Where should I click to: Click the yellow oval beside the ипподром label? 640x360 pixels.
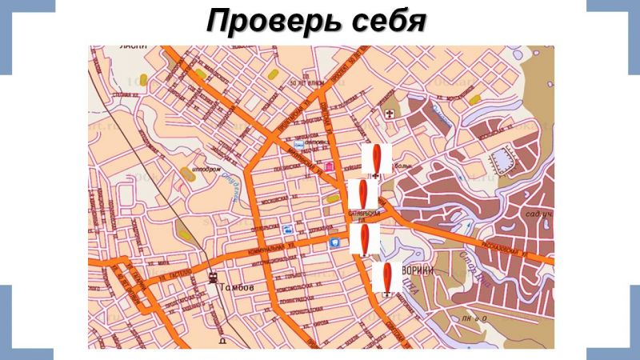point(186,172)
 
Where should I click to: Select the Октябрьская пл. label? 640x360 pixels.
point(364,216)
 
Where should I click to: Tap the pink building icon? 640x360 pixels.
point(330,166)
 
